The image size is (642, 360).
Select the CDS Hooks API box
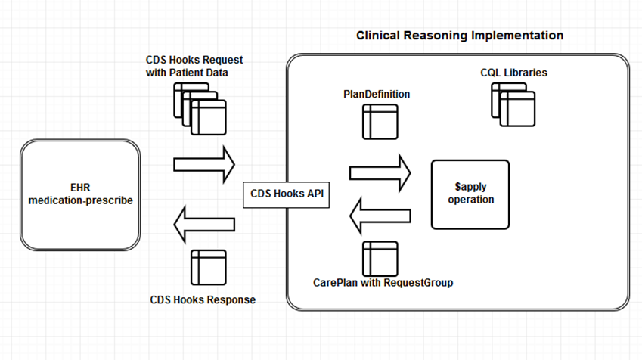(287, 194)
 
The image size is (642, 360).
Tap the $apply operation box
(470, 194)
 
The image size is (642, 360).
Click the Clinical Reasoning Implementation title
(459, 36)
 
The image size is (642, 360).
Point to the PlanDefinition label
(377, 94)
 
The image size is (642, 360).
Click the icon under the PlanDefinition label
(380, 122)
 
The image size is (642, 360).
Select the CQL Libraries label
(513, 73)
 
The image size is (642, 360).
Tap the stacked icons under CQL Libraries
(513, 104)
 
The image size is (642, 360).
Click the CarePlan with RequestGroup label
(383, 282)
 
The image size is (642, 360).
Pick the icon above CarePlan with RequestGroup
(380, 258)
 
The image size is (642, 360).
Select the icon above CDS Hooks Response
(208, 267)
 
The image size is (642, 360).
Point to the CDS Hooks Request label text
(194, 66)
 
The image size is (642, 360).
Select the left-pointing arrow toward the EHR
(204, 223)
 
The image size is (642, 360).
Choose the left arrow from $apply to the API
(380, 216)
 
